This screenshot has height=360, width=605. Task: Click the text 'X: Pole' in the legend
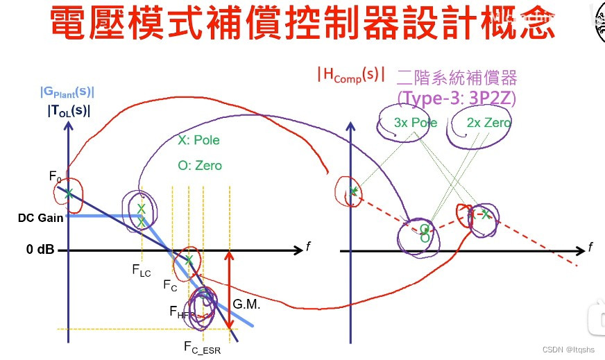pos(198,140)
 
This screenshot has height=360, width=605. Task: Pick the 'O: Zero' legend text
pos(199,166)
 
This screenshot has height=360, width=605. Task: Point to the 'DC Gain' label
pos(40,218)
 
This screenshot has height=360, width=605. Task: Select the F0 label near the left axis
pos(56,176)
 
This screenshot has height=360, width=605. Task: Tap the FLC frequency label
pos(141,271)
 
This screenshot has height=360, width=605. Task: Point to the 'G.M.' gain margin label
pos(246,304)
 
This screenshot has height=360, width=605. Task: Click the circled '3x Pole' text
pos(416,123)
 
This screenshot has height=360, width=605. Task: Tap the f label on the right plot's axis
pos(590,246)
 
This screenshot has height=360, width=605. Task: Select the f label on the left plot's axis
pos(307,246)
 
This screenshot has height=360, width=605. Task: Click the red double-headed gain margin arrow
pos(229,291)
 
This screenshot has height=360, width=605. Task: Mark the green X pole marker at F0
pos(69,194)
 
